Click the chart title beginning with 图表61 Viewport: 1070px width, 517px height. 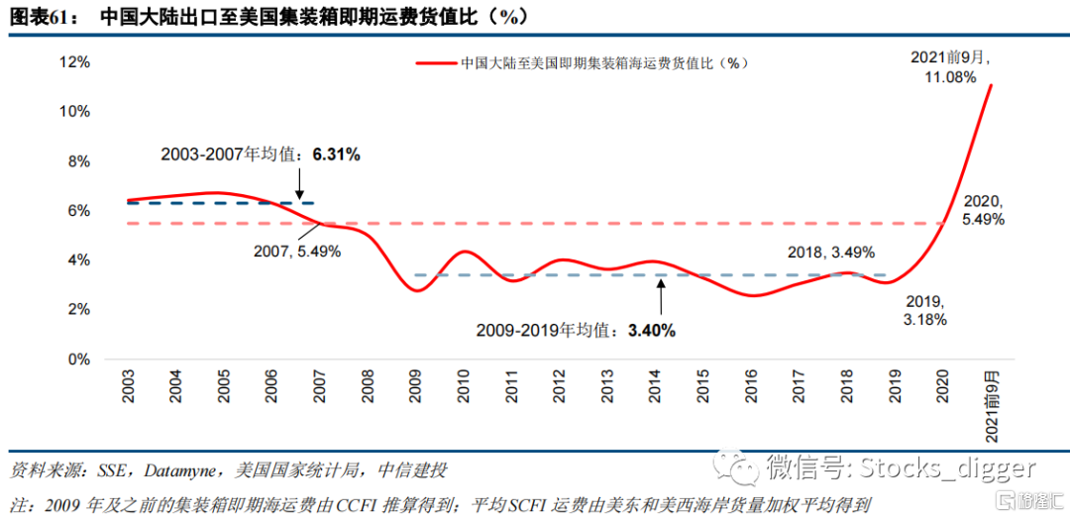[x=267, y=17]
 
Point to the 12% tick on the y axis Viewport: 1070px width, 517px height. [x=75, y=61]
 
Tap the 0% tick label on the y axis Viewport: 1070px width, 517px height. [x=79, y=360]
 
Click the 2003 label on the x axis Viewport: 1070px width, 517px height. [x=129, y=387]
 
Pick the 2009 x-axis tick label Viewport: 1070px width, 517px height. [x=417, y=387]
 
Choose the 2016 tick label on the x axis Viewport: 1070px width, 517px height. [x=753, y=387]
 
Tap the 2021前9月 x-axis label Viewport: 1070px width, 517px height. [x=992, y=406]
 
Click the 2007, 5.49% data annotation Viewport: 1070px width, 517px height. [x=296, y=252]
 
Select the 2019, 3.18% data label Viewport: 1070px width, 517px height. [x=928, y=310]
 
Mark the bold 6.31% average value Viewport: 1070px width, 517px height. [x=336, y=155]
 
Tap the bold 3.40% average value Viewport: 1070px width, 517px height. [x=651, y=330]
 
